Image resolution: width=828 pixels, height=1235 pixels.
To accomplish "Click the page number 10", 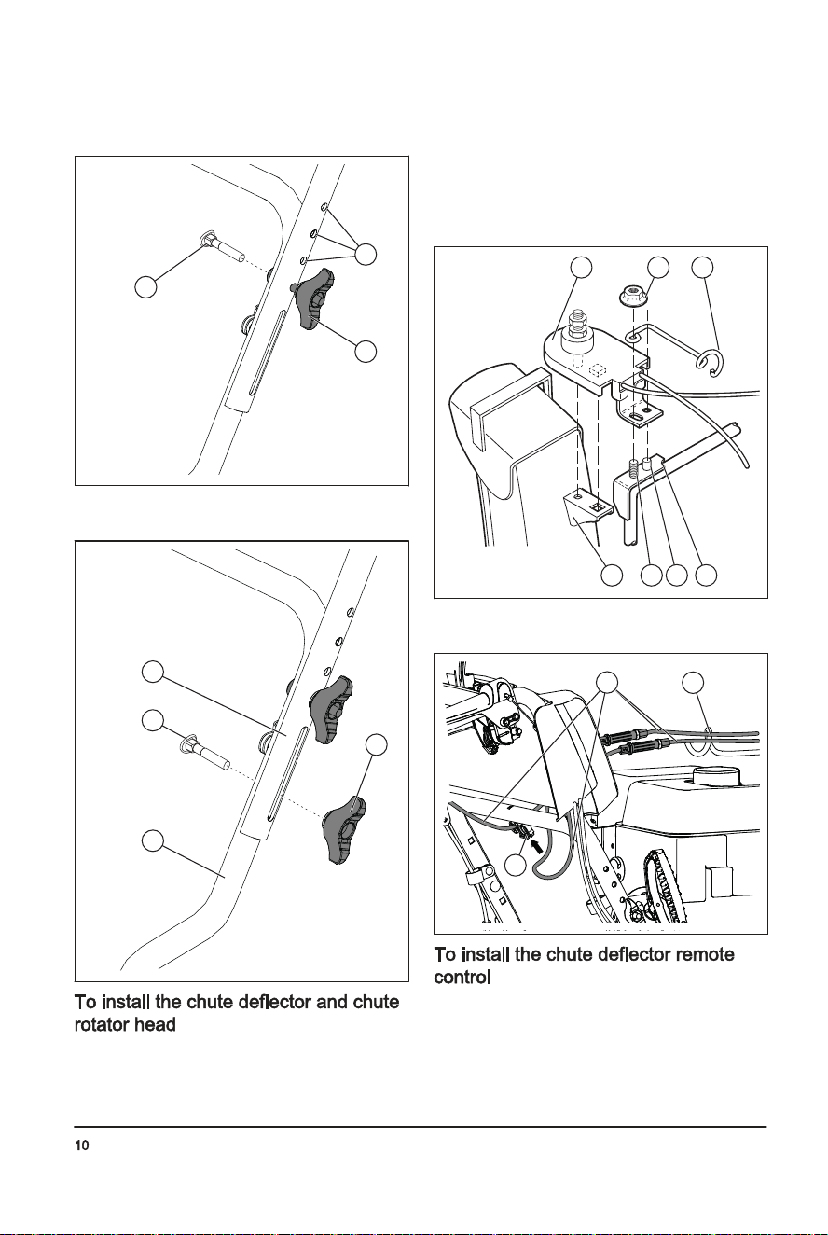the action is click(x=81, y=1145).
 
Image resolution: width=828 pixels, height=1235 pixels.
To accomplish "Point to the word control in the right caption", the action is click(x=462, y=978).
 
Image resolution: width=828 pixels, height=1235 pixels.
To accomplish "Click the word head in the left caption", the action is click(x=159, y=1025).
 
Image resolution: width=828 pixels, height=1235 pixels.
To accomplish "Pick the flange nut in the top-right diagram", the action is click(x=631, y=297).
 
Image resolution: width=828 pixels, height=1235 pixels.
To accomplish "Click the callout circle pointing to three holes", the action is click(x=366, y=254).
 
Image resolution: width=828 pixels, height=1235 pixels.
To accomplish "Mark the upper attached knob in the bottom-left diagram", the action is click(x=330, y=708).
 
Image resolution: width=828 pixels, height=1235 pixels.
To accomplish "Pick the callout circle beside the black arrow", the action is click(x=516, y=865).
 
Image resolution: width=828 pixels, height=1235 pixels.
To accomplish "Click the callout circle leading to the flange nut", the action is click(x=658, y=267).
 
